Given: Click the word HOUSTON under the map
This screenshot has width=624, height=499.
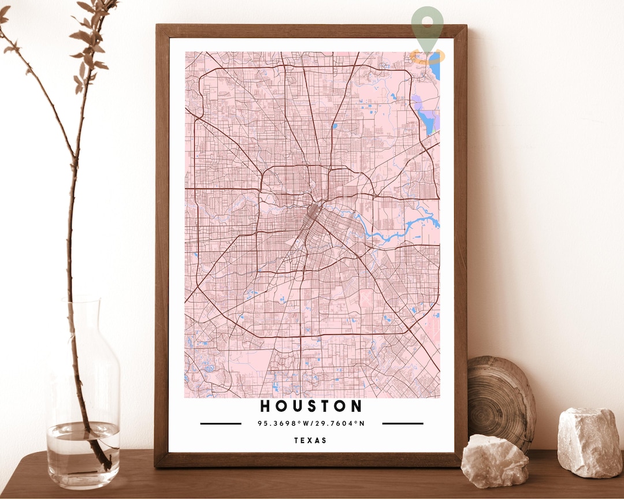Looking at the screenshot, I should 311,406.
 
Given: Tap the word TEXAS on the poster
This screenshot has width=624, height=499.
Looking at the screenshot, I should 311,440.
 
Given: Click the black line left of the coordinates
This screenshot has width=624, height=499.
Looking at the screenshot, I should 221,423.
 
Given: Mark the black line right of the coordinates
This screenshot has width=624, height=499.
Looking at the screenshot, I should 403,423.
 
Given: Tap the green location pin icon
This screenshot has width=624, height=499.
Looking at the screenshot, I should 428,26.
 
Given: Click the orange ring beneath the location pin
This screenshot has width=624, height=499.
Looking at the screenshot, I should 428,57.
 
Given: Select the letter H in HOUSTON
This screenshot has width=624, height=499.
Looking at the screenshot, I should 265,406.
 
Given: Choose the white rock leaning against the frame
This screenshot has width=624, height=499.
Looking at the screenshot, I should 495,460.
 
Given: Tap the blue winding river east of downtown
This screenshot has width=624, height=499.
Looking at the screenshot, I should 399,228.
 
